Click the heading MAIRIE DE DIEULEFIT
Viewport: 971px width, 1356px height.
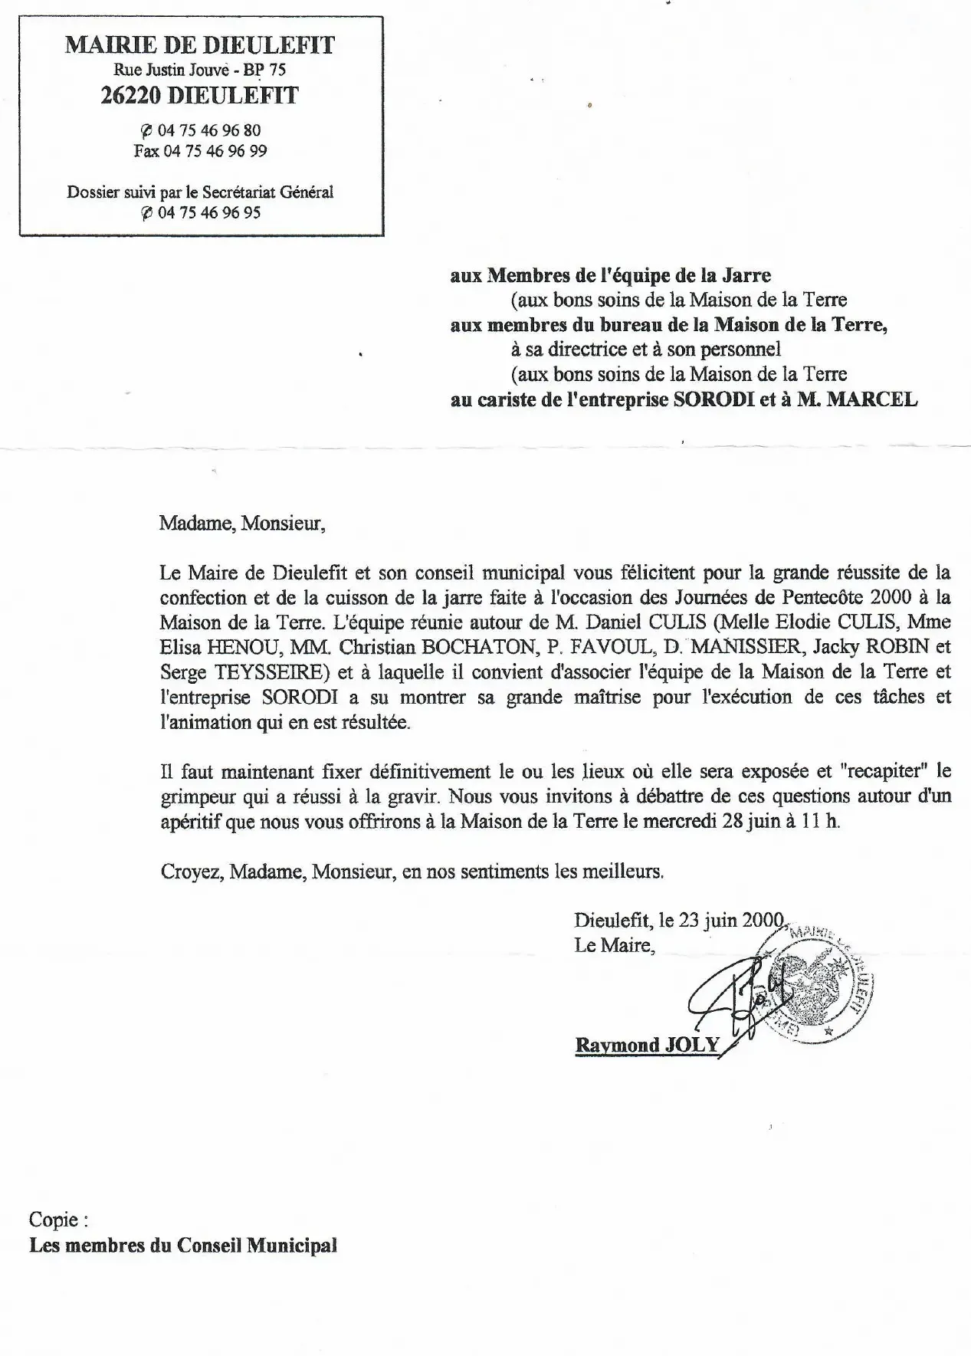click(x=200, y=45)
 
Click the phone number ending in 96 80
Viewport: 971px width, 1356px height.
click(x=208, y=130)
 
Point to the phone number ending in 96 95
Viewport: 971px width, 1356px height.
click(x=208, y=213)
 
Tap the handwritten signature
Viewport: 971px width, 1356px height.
click(x=720, y=996)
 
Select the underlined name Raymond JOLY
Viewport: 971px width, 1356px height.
click(x=648, y=1045)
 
